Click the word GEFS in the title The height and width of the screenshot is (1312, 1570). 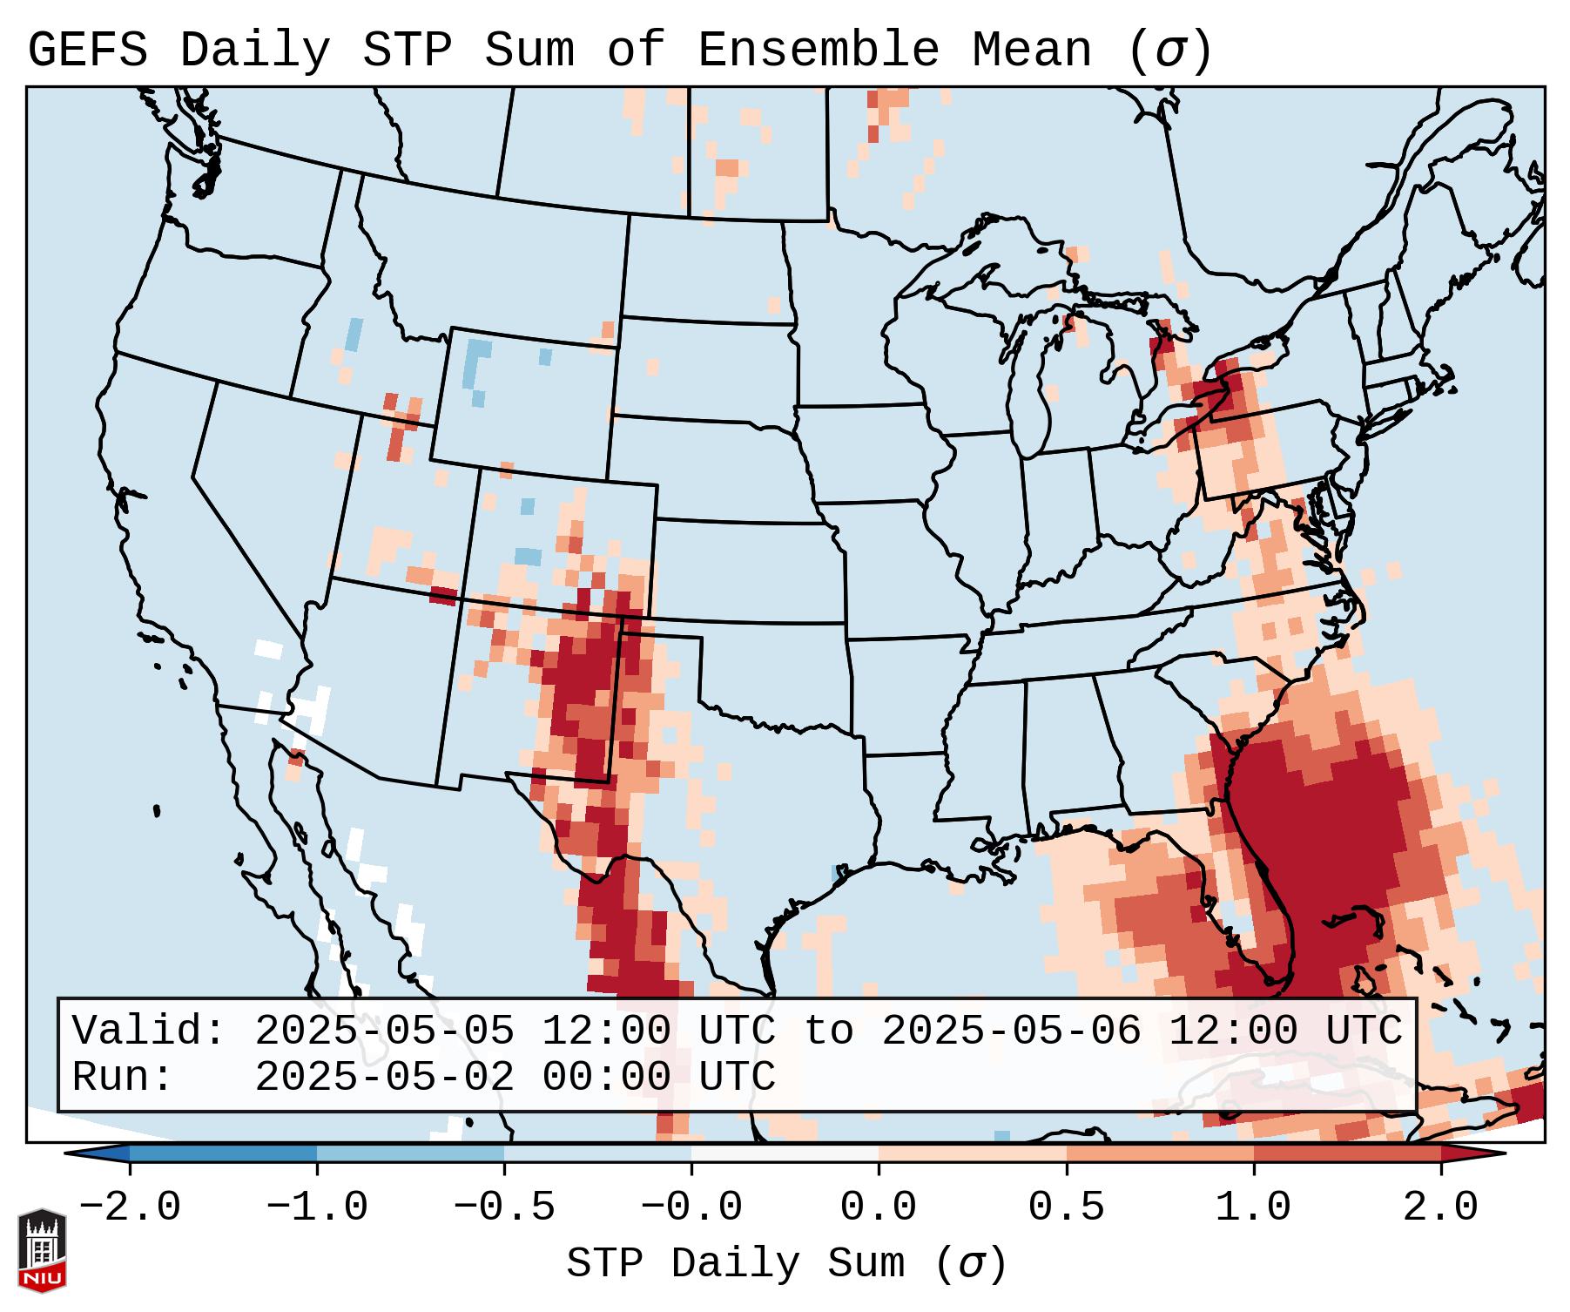(88, 51)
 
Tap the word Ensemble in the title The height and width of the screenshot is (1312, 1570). (819, 51)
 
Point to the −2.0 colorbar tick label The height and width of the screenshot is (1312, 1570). (130, 1207)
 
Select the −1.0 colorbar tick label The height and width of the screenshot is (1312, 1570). (317, 1207)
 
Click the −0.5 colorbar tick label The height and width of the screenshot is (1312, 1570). (504, 1207)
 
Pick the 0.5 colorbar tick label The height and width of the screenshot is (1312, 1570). (1067, 1207)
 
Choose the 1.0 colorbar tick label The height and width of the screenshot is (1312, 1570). (1254, 1207)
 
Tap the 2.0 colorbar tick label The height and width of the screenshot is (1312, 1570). (1441, 1207)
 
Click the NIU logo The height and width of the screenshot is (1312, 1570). (42, 1249)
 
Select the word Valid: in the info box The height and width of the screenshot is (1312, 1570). (149, 1031)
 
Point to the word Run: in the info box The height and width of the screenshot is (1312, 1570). (123, 1077)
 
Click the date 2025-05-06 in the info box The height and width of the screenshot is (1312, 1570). (1011, 1031)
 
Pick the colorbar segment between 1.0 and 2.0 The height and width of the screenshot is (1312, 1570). (1347, 1153)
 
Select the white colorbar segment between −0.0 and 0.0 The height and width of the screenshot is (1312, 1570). (785, 1153)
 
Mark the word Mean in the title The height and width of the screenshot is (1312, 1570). (1032, 51)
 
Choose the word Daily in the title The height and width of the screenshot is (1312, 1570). (255, 51)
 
